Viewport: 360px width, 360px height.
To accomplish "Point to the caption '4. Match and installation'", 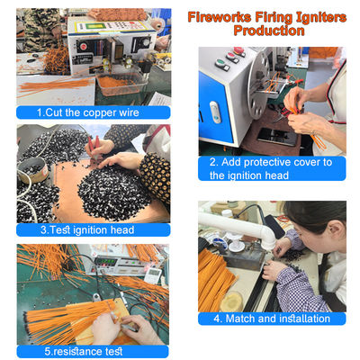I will tap(273, 319).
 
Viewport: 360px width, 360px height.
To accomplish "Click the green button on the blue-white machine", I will tap(222, 64).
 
